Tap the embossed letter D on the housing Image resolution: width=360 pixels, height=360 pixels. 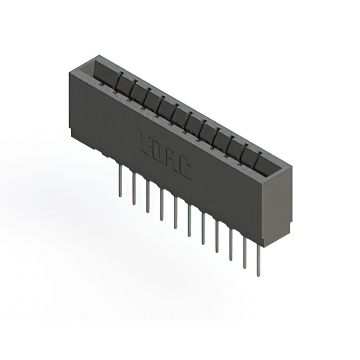click(x=156, y=151)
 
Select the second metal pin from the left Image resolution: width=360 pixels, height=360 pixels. click(x=134, y=190)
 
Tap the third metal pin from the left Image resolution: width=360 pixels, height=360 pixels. click(x=147, y=199)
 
